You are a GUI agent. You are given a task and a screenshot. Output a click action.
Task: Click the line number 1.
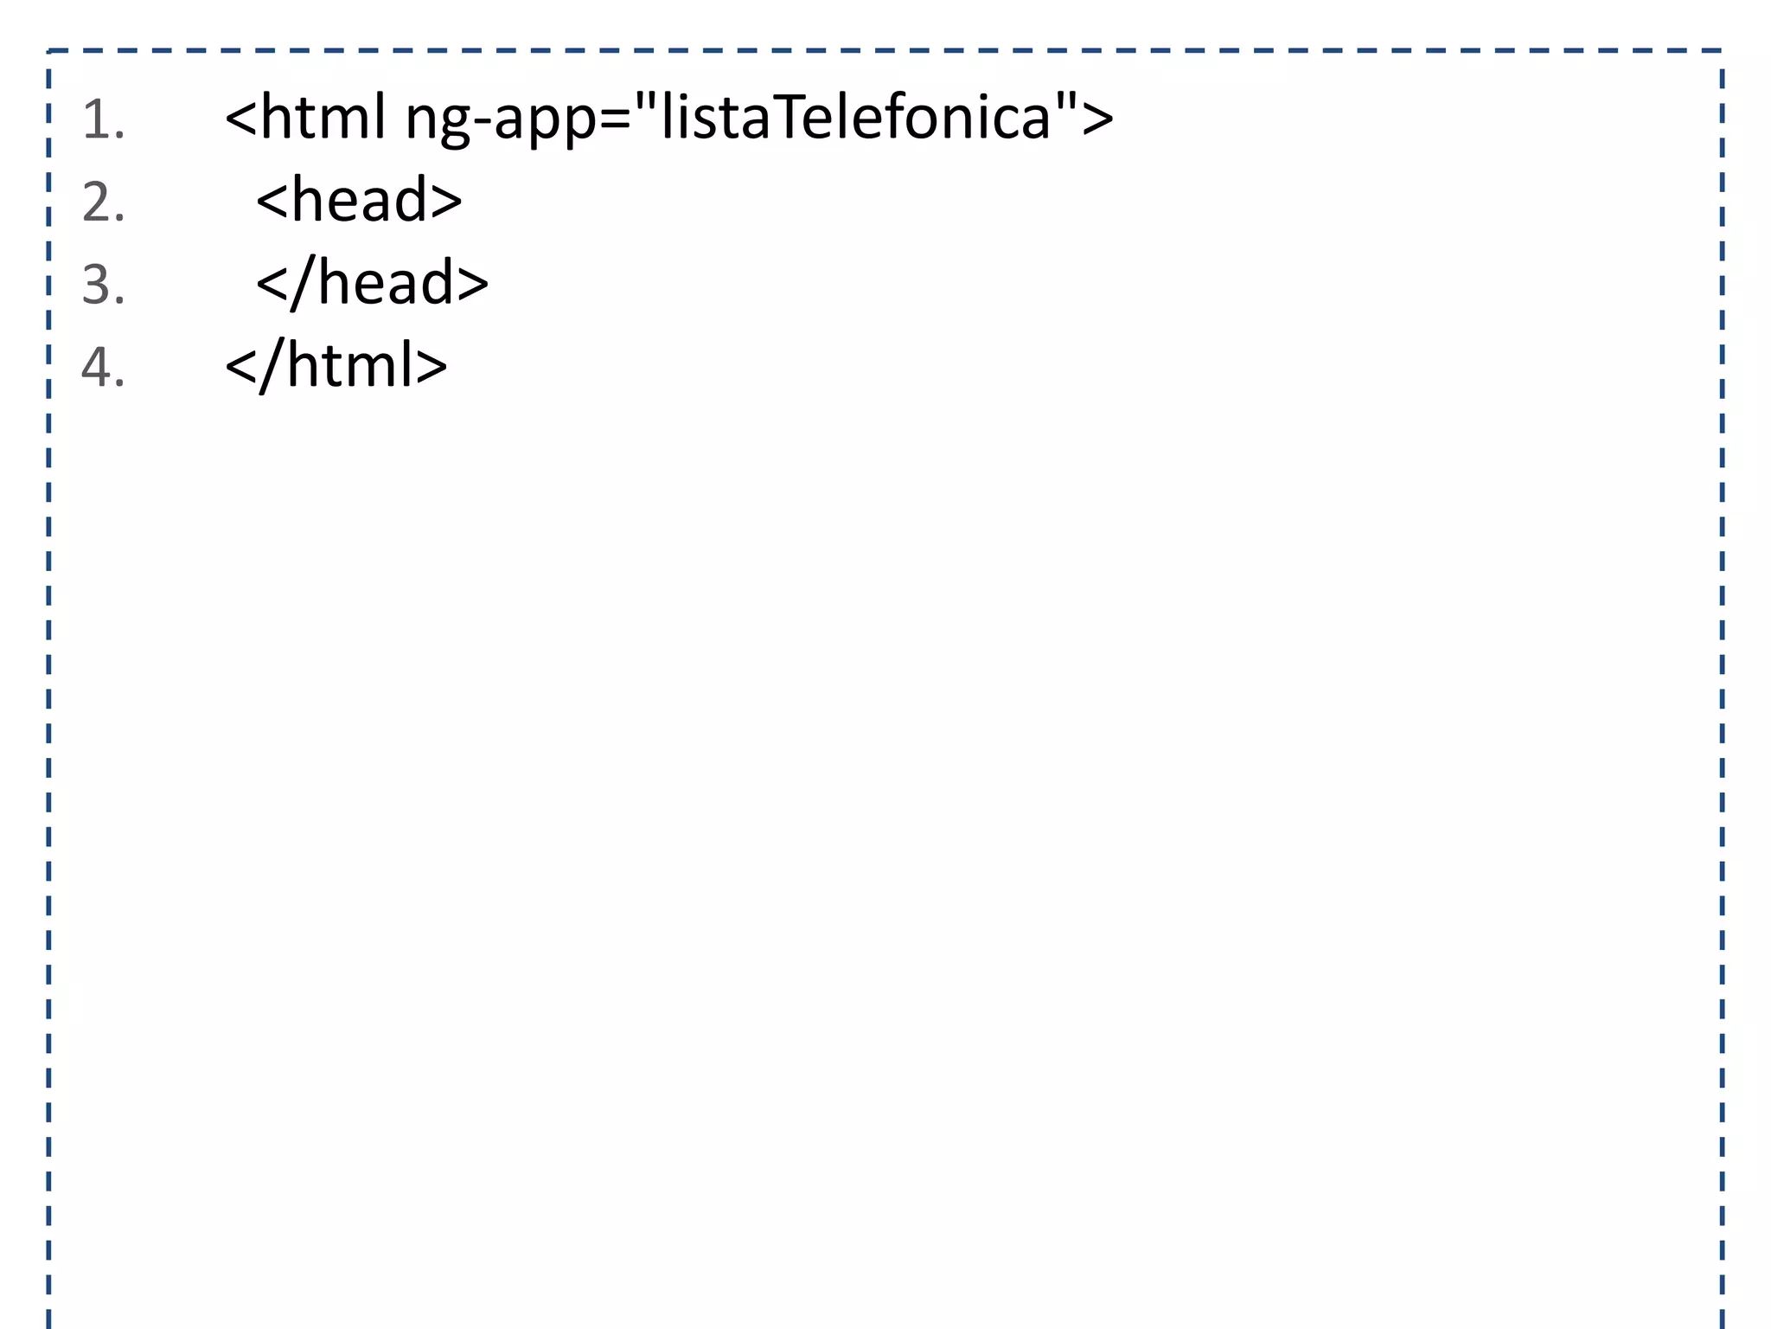click(102, 119)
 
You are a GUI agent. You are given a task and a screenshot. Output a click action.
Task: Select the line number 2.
click(103, 202)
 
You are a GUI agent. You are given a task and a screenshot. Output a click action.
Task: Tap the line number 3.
click(103, 285)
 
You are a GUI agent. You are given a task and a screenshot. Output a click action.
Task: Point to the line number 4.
click(103, 367)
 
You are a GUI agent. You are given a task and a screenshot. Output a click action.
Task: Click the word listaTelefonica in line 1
click(855, 118)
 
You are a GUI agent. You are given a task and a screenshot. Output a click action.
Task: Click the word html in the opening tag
click(323, 116)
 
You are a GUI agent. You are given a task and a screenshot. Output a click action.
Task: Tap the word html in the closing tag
click(350, 365)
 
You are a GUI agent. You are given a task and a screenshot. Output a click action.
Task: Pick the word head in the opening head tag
click(359, 200)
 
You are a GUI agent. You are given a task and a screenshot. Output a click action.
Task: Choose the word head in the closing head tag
click(386, 282)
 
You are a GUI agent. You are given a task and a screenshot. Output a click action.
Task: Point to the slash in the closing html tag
click(272, 365)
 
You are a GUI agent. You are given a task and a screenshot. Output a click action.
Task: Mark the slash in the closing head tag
click(303, 282)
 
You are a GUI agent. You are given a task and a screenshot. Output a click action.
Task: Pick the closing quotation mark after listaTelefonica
click(1065, 102)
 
